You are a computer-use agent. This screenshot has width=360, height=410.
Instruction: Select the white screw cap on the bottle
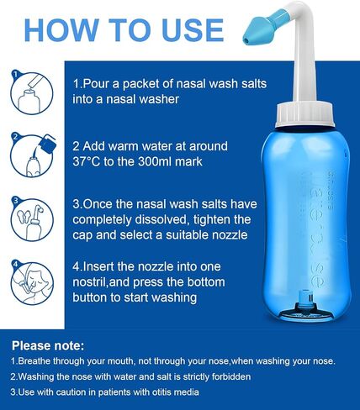[304, 115]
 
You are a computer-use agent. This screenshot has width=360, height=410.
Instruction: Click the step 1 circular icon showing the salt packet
[32, 92]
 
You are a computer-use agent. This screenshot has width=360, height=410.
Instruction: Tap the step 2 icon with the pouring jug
[33, 155]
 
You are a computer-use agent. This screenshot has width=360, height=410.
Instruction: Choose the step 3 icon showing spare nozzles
[32, 219]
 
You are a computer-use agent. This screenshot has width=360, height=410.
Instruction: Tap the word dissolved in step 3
[161, 219]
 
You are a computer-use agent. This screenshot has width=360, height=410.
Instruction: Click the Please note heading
[48, 346]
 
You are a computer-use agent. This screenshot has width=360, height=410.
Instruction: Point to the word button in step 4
[89, 297]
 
